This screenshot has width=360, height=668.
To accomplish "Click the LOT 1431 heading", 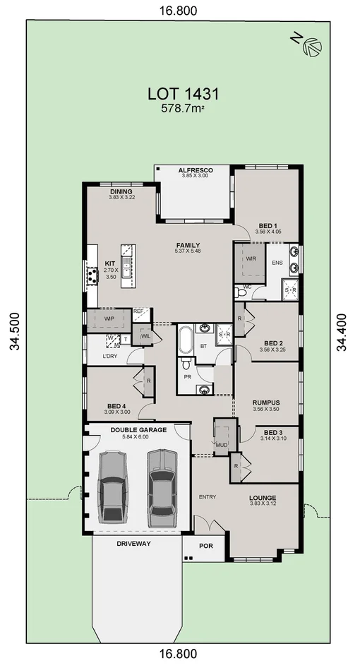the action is point(184,93).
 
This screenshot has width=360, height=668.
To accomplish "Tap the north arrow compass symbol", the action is point(312,47).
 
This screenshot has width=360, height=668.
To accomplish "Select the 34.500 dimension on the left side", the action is point(16,331).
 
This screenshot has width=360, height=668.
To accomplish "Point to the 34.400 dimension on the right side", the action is point(342,333).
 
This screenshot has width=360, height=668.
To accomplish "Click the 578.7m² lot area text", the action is point(182,108).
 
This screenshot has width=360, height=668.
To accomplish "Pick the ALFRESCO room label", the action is point(195,170).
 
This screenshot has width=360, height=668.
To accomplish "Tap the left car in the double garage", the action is point(112,487).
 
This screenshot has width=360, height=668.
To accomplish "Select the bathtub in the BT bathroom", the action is point(186,340).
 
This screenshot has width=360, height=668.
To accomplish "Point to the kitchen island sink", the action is point(127,268).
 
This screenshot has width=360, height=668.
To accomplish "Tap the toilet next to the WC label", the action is point(241,292).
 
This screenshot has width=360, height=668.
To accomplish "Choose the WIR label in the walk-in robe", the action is point(251,258).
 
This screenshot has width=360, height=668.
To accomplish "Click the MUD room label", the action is point(222,445).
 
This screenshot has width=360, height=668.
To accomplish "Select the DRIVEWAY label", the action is point(133,544).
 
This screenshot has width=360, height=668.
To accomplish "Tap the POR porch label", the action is point(206,546).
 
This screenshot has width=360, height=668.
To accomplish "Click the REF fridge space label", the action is point(138,311).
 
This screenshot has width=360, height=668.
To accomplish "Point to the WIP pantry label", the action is point(109,318).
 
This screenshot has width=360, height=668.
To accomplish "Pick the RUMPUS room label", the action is point(266,402).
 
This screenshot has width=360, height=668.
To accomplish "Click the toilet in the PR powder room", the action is point(186,364).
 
